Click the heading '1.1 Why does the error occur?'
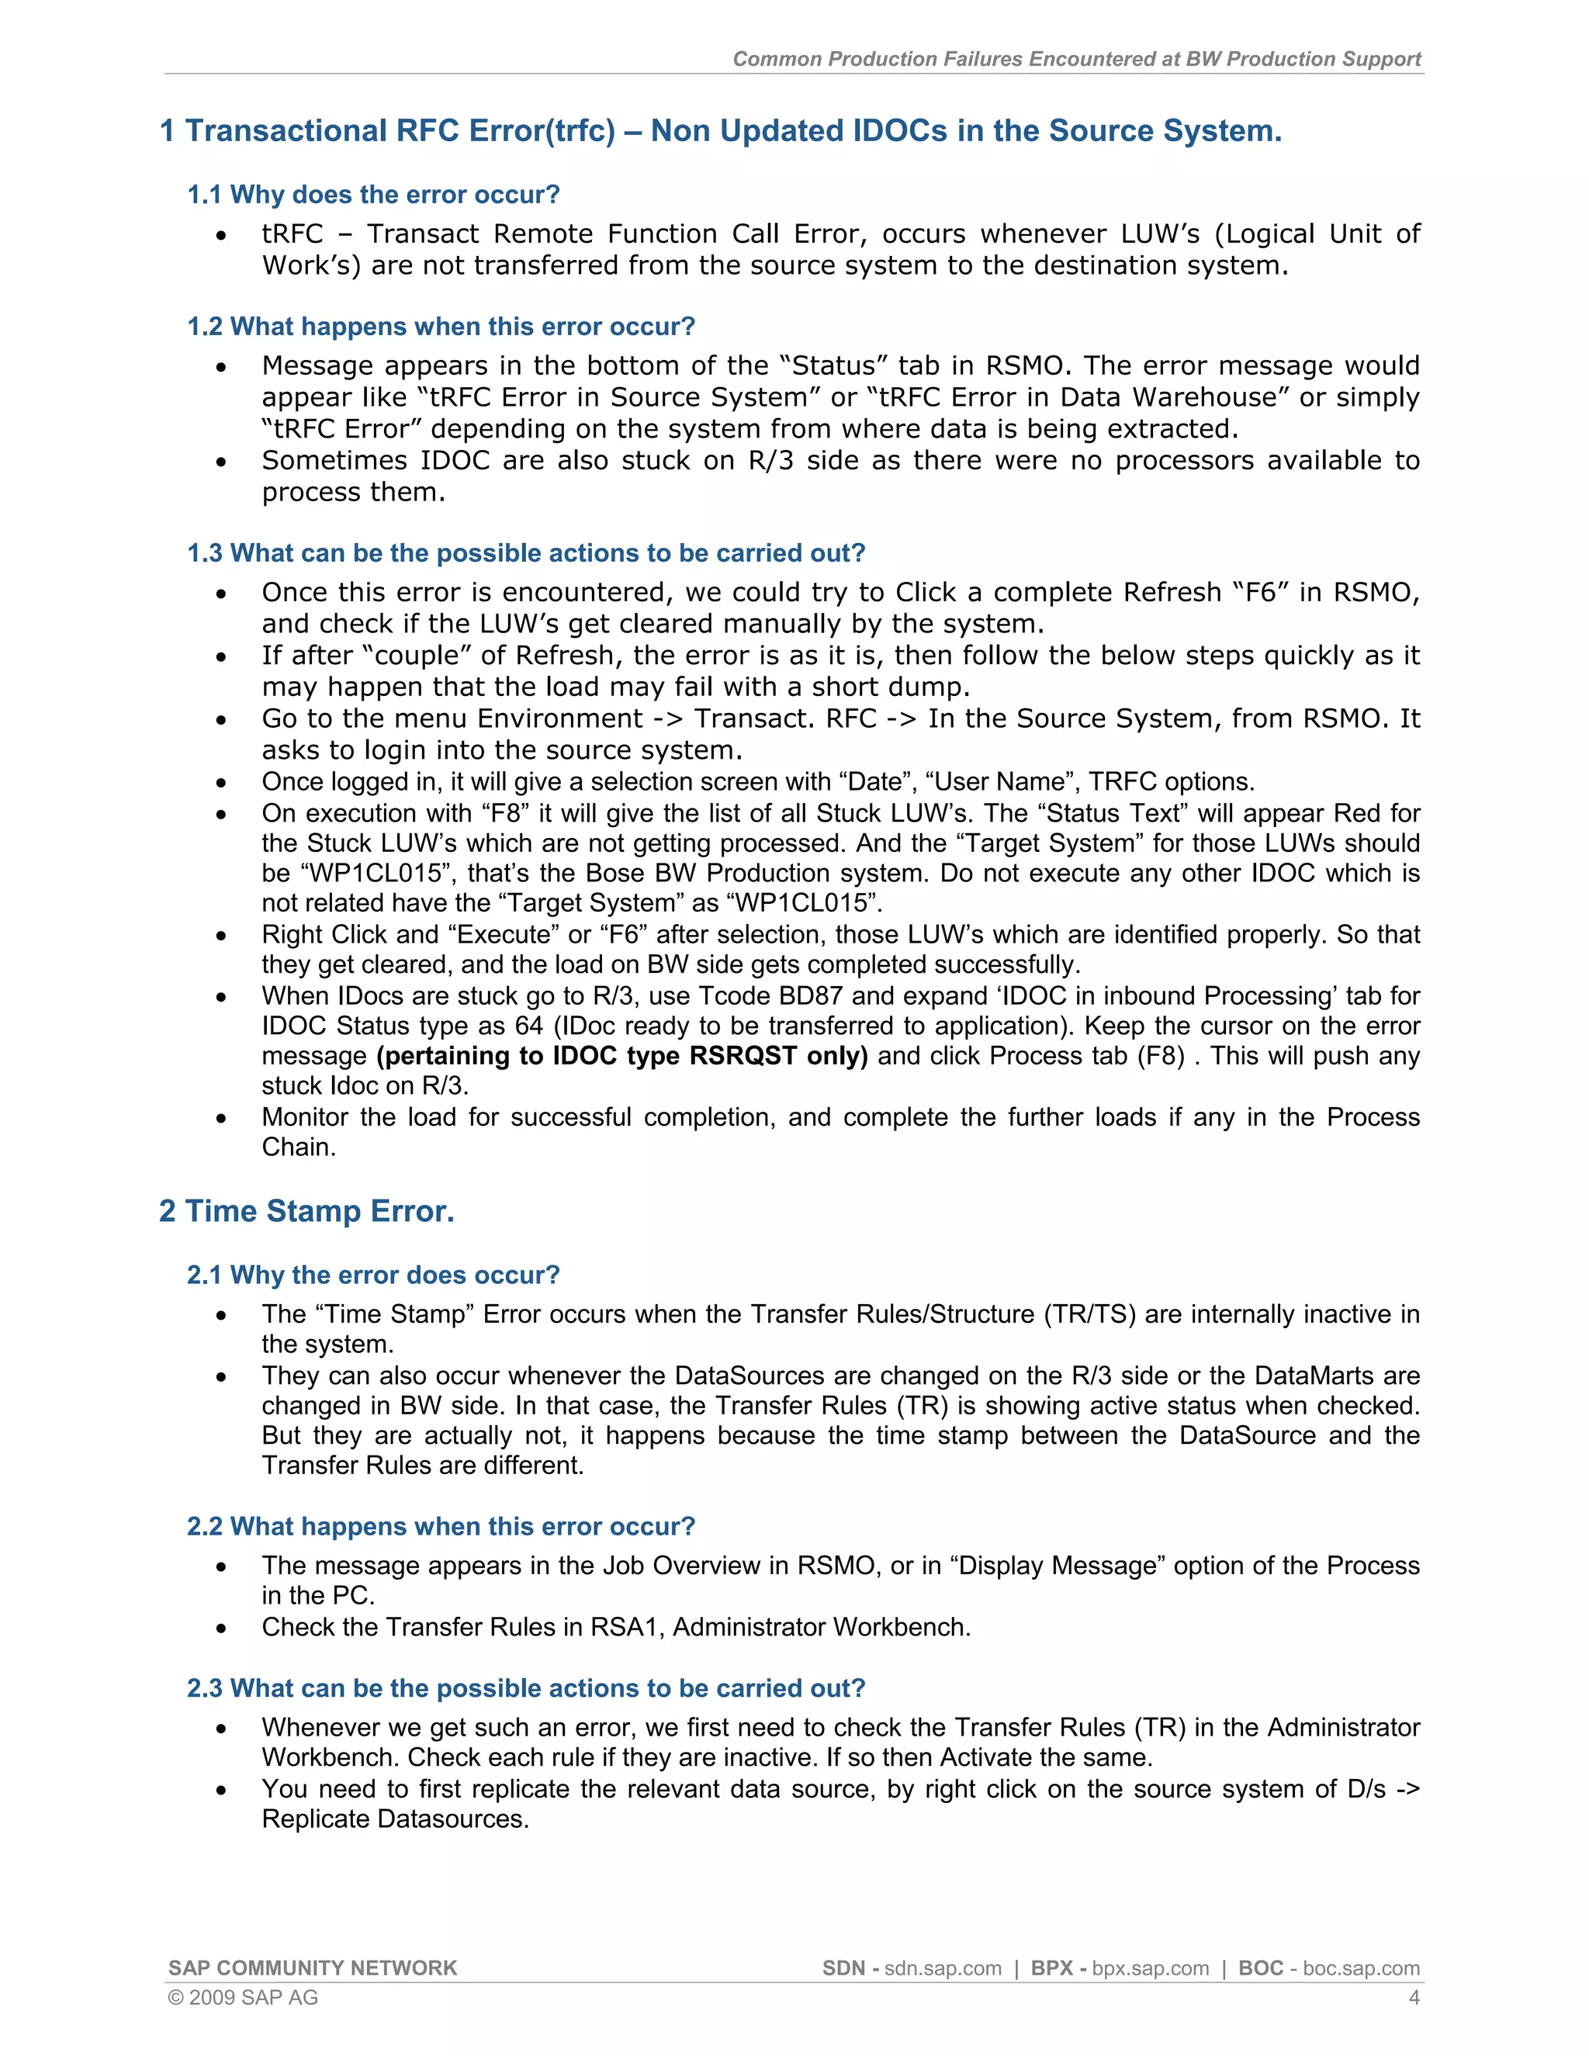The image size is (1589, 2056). pyautogui.click(x=374, y=195)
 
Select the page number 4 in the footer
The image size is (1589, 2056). pyautogui.click(x=1413, y=1998)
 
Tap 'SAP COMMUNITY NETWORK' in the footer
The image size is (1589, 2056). pyautogui.click(x=313, y=1968)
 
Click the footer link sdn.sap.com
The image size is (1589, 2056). pyautogui.click(x=942, y=1968)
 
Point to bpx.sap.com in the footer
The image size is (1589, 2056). pyautogui.click(x=1151, y=1968)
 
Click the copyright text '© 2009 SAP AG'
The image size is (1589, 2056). pyautogui.click(x=243, y=1998)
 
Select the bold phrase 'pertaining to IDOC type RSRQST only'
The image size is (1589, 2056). pyautogui.click(x=622, y=1056)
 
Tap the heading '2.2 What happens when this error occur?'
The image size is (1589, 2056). pyautogui.click(x=441, y=1526)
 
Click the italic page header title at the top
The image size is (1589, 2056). pyautogui.click(x=1076, y=58)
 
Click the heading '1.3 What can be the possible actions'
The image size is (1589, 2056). pyautogui.click(x=525, y=552)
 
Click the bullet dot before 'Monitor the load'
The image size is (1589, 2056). pyautogui.click(x=221, y=1118)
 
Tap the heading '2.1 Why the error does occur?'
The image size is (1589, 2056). pyautogui.click(x=374, y=1275)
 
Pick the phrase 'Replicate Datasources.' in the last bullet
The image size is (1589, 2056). pyautogui.click(x=396, y=1819)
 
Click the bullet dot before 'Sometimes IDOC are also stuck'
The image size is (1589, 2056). pyautogui.click(x=221, y=462)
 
